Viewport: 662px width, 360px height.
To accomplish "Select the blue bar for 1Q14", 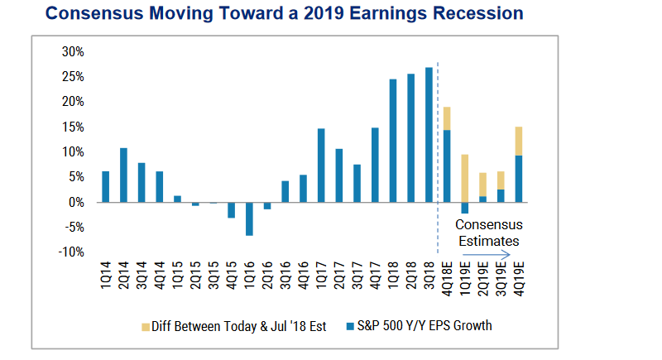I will tap(105, 187).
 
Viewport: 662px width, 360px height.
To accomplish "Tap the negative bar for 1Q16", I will tap(249, 218).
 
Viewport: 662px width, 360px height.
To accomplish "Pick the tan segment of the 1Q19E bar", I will tap(464, 178).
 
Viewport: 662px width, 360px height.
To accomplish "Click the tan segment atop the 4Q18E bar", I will tap(447, 118).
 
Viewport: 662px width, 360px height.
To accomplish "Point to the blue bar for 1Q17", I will tap(320, 166).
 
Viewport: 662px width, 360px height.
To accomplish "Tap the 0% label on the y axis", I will tap(77, 203).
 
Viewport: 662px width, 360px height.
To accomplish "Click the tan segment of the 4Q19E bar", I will tap(519, 141).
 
